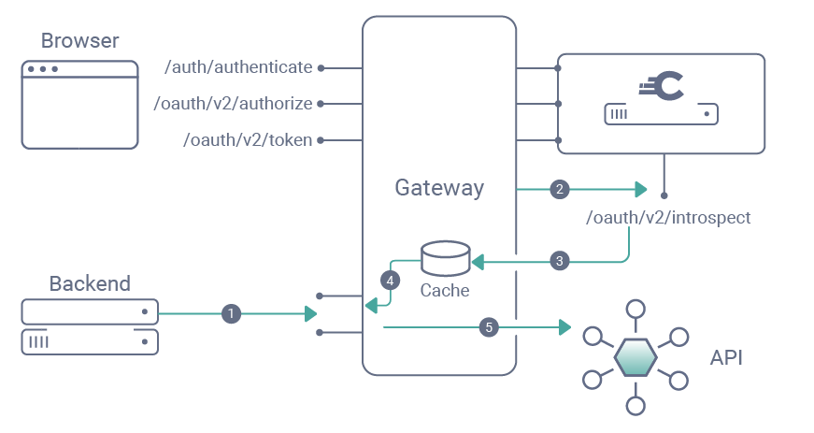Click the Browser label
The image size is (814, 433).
coord(79,40)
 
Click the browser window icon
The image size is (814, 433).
coord(80,104)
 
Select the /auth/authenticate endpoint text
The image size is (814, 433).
coord(237,67)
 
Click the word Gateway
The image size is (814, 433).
coord(439,188)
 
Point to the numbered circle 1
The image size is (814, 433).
coord(231,314)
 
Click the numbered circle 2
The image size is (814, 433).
coord(560,190)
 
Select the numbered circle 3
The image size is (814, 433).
coord(560,261)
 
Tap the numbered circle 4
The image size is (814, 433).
coord(390,280)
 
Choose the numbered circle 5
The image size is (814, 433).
coord(487,327)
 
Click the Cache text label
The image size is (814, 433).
coord(445,291)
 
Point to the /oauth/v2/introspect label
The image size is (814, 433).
coord(667,218)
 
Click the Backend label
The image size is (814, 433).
coord(90,283)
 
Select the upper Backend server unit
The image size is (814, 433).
coord(90,311)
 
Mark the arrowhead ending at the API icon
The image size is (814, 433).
coord(564,327)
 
